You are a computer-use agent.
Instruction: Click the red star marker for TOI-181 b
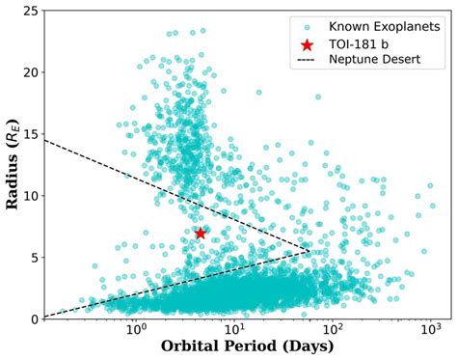click(x=201, y=233)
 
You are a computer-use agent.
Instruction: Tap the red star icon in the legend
click(x=308, y=45)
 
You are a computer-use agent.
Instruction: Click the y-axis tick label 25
click(x=31, y=11)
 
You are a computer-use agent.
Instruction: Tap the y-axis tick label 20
click(x=31, y=72)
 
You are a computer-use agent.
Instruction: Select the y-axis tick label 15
click(x=31, y=134)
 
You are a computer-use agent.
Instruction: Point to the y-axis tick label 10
click(x=31, y=196)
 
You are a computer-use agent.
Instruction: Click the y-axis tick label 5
click(x=35, y=258)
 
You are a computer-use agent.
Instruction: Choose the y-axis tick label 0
click(x=35, y=318)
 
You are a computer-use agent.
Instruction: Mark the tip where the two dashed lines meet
click(x=310, y=251)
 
